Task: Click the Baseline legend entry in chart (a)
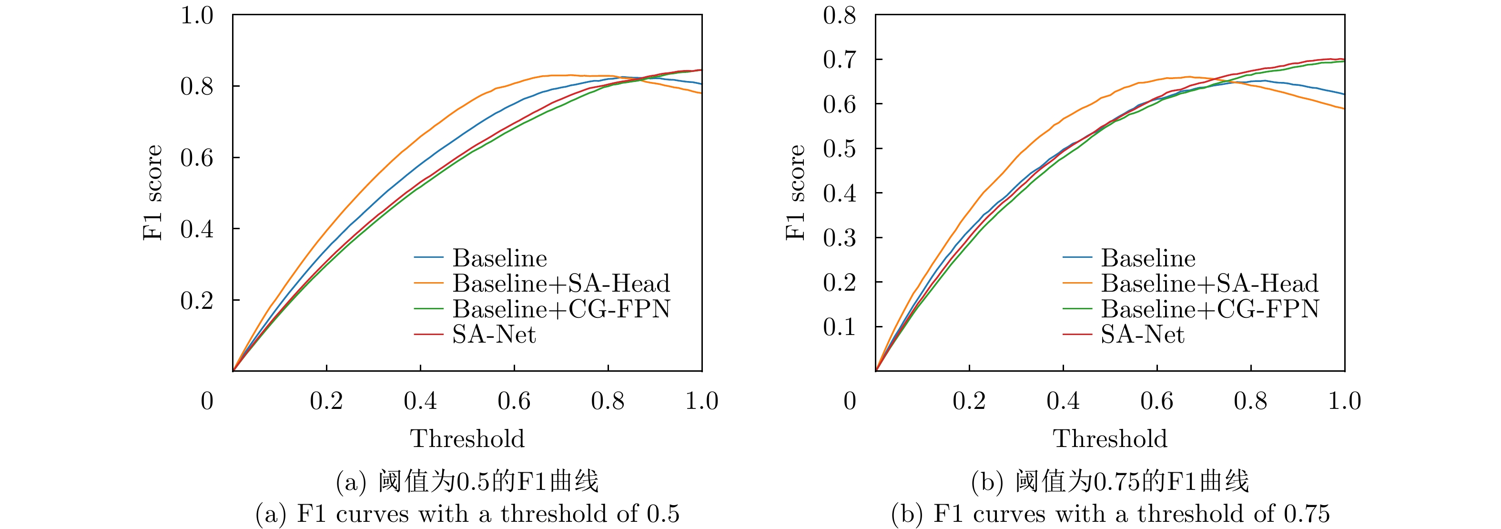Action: pyautogui.click(x=499, y=258)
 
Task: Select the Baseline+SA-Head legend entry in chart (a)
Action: pyautogui.click(x=561, y=284)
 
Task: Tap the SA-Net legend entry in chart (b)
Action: pyautogui.click(x=1142, y=335)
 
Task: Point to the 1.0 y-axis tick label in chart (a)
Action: pyautogui.click(x=197, y=15)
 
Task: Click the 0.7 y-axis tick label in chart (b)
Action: pyautogui.click(x=839, y=60)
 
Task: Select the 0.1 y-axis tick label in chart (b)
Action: pyautogui.click(x=839, y=327)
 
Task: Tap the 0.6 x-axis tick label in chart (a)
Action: pyautogui.click(x=514, y=401)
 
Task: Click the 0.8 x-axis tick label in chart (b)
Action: pyautogui.click(x=1250, y=401)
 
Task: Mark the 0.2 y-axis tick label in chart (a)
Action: pyautogui.click(x=197, y=301)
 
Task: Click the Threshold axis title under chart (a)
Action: pyautogui.click(x=467, y=439)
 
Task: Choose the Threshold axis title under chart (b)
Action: pyautogui.click(x=1110, y=439)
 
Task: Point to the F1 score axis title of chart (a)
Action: pyautogui.click(x=152, y=192)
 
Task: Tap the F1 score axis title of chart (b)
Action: pyautogui.click(x=795, y=192)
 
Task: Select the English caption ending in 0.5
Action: pyautogui.click(x=467, y=514)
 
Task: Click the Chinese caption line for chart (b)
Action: pyautogui.click(x=1110, y=482)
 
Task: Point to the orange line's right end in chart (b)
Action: pyautogui.click(x=1344, y=108)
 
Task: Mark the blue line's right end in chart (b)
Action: pyautogui.click(x=1344, y=94)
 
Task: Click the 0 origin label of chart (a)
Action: pyautogui.click(x=207, y=401)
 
